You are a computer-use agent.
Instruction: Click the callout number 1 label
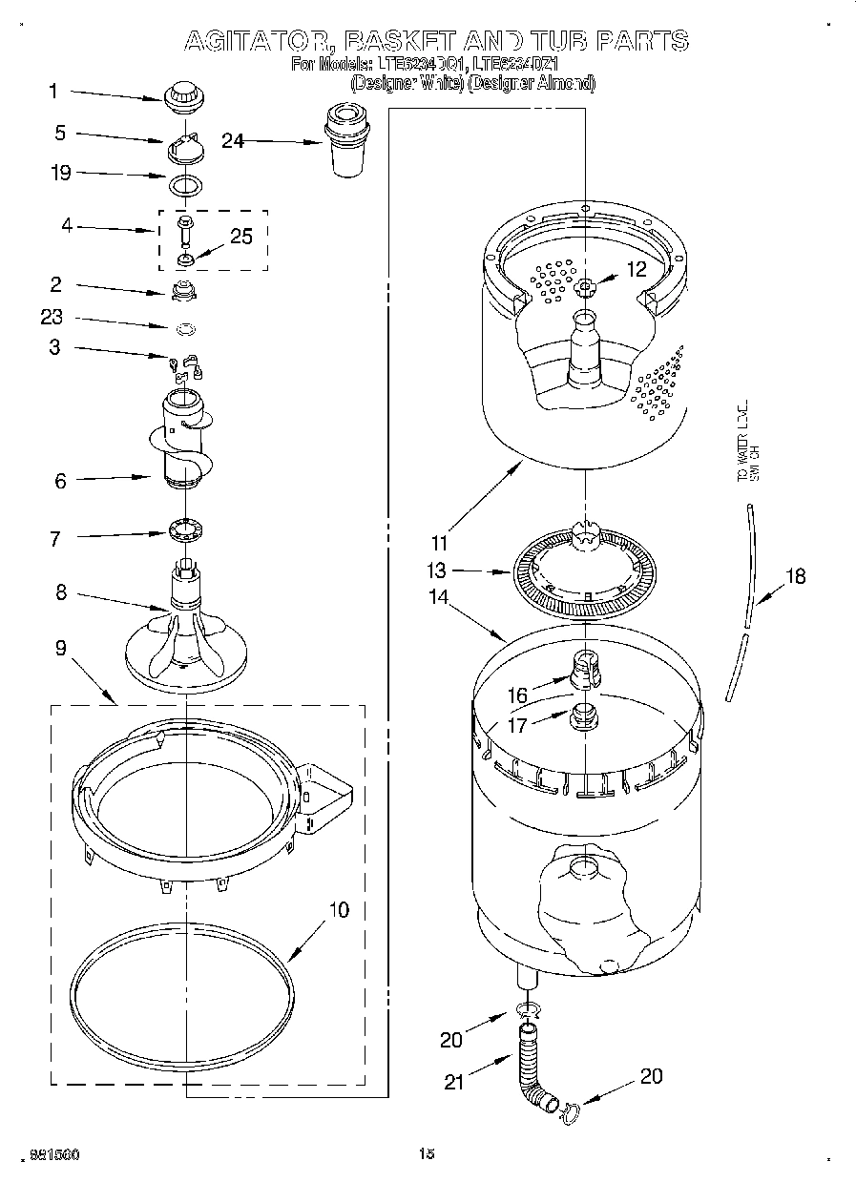(53, 92)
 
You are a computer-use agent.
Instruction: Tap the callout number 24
(233, 140)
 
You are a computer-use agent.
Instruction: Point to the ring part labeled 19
(186, 183)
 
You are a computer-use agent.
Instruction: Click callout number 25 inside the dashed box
(241, 236)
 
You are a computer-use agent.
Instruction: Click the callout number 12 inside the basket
(637, 269)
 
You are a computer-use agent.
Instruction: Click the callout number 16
(516, 696)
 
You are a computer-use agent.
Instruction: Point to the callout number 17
(516, 725)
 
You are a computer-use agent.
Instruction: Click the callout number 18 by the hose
(795, 575)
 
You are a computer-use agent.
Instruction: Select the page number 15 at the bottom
(427, 1154)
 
